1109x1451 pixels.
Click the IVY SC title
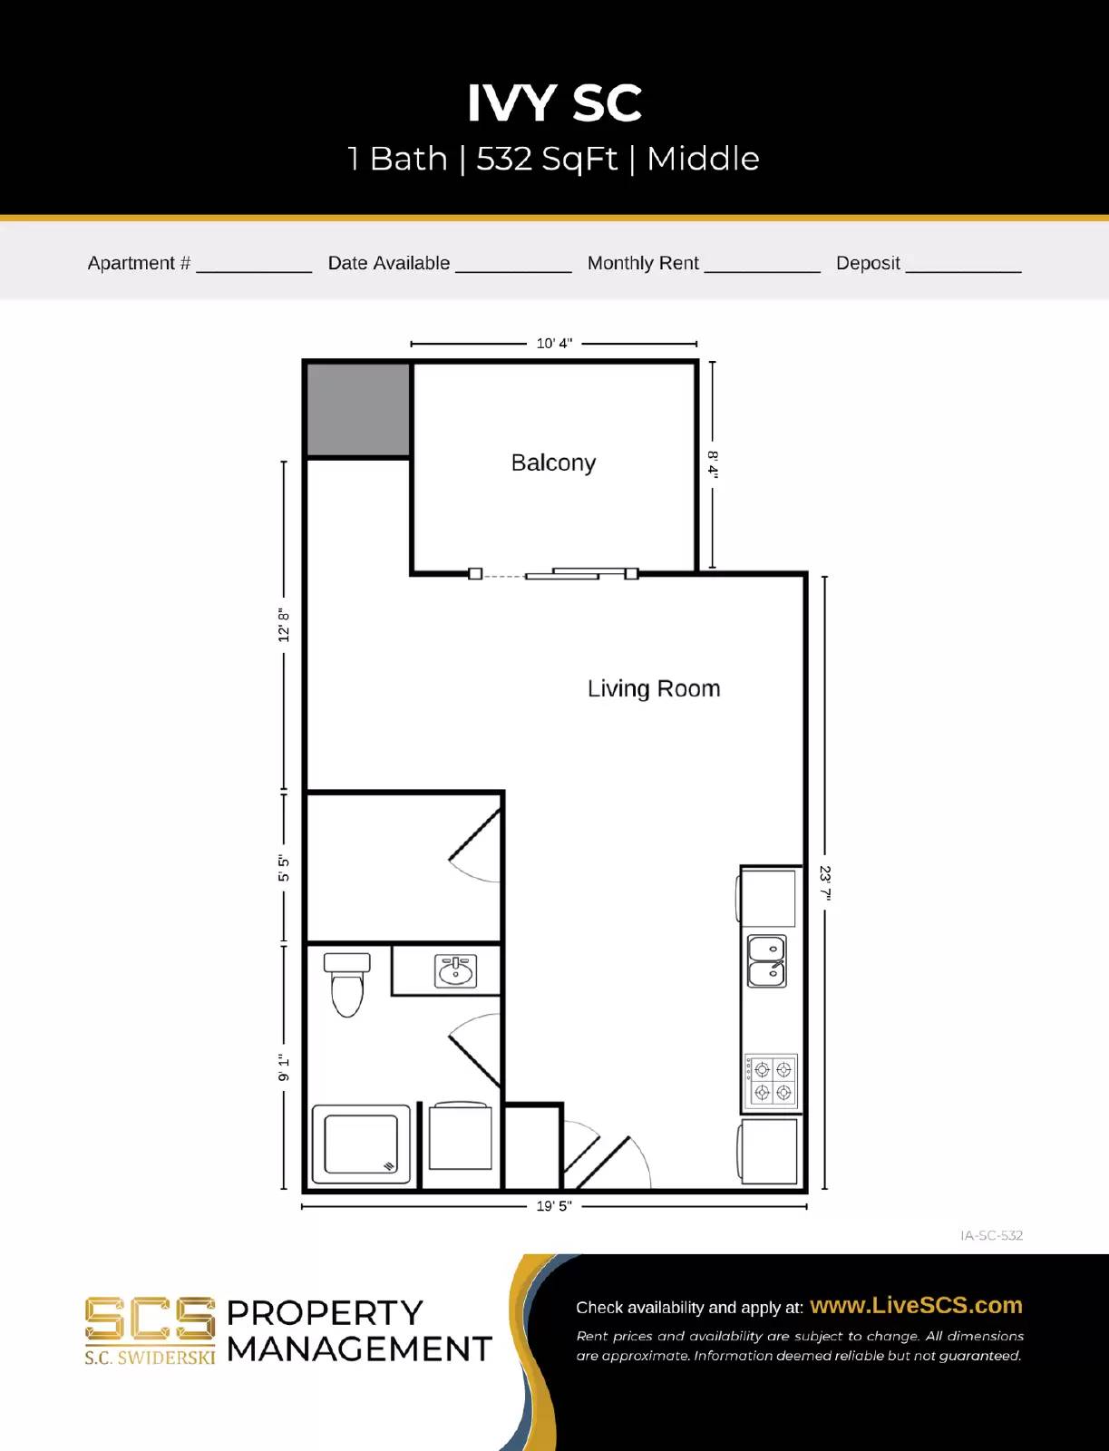pos(554,103)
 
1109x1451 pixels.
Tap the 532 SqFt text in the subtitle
pos(546,159)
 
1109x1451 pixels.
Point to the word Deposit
pos(867,263)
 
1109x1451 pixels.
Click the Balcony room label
pos(553,463)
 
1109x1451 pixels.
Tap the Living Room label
pos(653,688)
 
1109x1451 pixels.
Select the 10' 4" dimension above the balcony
pos(554,344)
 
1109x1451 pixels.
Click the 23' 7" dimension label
pos(824,882)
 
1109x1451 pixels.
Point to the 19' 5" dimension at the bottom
pos(553,1206)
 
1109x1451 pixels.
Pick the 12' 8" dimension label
pos(284,625)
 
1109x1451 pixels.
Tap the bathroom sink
pos(455,971)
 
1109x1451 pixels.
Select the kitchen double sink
pos(766,961)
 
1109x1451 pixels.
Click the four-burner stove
pos(771,1081)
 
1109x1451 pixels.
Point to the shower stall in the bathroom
pos(361,1144)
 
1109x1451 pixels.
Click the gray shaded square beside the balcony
pos(358,410)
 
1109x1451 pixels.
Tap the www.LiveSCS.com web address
pos(916,1305)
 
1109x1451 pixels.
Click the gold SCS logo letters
pos(150,1320)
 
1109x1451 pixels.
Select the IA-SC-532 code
pos(991,1235)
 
